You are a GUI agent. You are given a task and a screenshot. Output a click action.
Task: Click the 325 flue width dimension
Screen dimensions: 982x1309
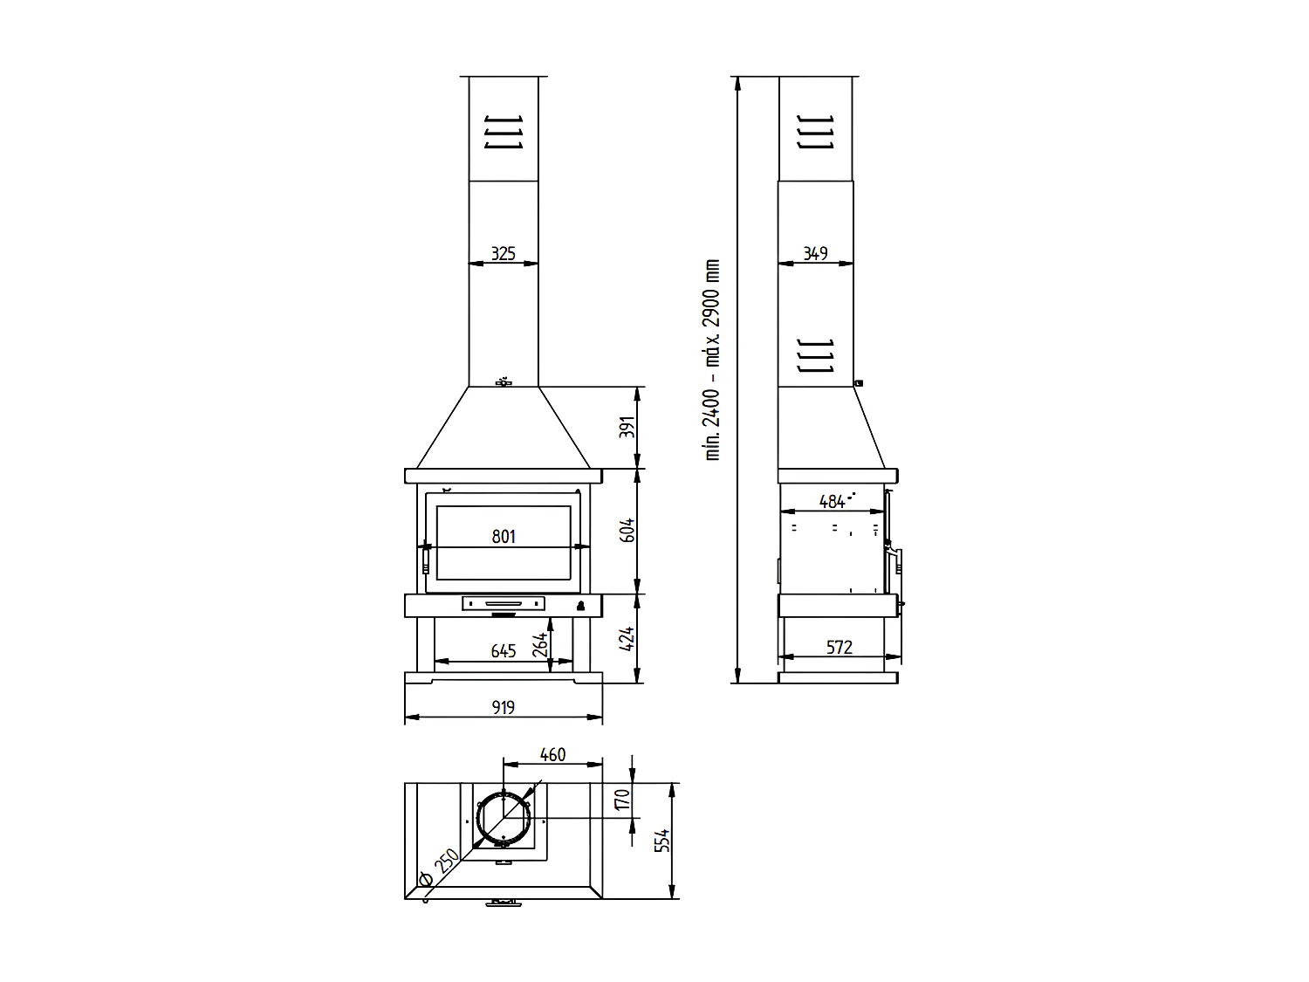503,254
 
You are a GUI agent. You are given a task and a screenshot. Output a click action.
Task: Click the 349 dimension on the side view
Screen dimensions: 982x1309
815,254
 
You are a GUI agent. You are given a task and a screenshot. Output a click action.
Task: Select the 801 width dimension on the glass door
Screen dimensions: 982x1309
504,536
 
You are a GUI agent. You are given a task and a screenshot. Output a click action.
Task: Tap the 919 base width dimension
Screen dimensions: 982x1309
504,707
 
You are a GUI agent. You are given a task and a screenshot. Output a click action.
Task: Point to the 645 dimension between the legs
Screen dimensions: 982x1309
504,651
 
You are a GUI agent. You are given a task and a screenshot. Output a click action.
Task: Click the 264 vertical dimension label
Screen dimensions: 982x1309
541,644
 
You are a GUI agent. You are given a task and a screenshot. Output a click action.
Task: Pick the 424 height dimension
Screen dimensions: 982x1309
627,640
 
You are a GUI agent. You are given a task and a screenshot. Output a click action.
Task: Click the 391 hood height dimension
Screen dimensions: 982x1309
627,428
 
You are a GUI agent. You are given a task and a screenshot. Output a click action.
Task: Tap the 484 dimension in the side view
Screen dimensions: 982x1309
833,501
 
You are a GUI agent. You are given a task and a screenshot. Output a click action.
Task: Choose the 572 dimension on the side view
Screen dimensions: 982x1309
839,647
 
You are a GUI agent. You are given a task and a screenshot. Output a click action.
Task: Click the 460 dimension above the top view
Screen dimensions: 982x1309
553,753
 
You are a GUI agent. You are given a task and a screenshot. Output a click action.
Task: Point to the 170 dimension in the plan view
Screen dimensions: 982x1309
621,800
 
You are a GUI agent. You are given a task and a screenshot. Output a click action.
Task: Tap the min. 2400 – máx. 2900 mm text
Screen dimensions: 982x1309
713,360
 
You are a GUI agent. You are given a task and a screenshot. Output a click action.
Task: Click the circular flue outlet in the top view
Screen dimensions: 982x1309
504,820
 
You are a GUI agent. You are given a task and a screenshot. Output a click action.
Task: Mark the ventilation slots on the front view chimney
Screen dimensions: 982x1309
504,132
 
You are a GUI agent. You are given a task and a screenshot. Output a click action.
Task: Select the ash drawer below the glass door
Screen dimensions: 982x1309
504,603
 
